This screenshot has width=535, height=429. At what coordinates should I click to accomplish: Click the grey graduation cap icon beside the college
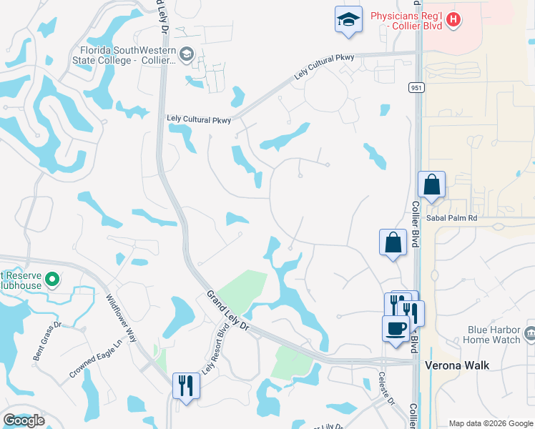click(186, 54)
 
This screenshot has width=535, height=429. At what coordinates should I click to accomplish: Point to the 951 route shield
click(416, 87)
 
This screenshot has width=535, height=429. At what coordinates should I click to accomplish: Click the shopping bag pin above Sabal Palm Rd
click(432, 184)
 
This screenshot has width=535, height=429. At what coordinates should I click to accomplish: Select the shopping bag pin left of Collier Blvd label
click(393, 242)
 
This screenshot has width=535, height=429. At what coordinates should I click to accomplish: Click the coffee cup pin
click(396, 329)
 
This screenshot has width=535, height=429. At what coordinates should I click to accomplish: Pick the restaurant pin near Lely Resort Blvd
click(186, 385)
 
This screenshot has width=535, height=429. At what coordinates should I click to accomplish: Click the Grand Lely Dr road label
click(227, 310)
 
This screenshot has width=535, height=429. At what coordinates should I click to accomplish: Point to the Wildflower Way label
click(121, 317)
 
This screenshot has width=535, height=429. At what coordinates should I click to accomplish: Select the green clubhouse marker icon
click(51, 279)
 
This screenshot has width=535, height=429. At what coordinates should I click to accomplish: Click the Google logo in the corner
click(24, 420)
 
